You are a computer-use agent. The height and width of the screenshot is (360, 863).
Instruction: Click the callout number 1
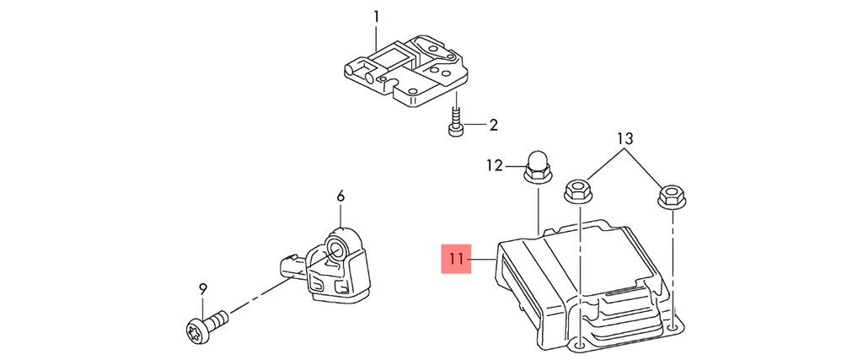click(376, 16)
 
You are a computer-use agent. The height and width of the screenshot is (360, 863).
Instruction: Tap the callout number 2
click(493, 126)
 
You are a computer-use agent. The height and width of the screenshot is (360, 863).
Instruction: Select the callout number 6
click(340, 196)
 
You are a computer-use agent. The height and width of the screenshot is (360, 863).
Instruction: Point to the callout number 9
click(203, 289)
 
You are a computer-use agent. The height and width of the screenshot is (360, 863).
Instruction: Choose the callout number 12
click(494, 165)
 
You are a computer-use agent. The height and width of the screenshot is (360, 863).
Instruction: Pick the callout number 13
click(624, 137)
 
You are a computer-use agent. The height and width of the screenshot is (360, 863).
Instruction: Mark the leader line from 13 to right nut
click(644, 169)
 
